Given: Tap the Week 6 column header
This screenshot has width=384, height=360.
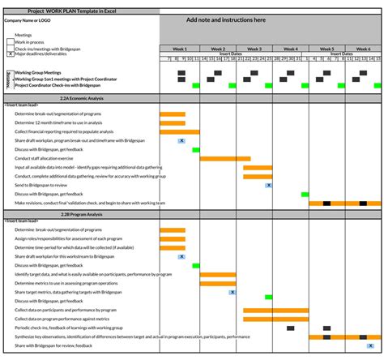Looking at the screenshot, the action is (364, 49).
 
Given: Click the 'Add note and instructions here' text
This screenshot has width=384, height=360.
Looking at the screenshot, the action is (226, 19).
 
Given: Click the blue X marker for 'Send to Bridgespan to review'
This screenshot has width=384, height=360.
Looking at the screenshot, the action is (268, 185).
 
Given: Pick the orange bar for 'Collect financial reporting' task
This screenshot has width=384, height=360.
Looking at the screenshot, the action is (179, 131).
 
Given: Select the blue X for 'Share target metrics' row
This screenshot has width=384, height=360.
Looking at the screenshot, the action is (233, 292).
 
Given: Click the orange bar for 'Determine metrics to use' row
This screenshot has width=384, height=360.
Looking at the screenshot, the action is (218, 283).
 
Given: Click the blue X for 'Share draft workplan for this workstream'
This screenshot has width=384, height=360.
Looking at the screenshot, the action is (182, 256).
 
